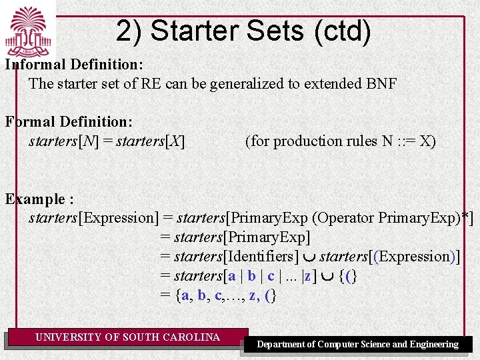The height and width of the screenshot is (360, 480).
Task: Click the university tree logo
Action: coord(27,28)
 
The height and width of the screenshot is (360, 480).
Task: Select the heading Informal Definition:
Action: coord(74,65)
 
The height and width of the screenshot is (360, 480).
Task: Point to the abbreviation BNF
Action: coord(381,83)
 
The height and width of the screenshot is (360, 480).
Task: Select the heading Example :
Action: coord(39,199)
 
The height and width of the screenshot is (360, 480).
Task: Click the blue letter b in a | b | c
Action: coord(251,276)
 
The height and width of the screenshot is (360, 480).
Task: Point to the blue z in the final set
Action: coord(253,295)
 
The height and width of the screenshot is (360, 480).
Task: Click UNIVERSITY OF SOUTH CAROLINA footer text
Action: coord(127,337)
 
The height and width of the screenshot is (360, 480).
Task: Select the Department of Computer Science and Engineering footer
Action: coord(358,345)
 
